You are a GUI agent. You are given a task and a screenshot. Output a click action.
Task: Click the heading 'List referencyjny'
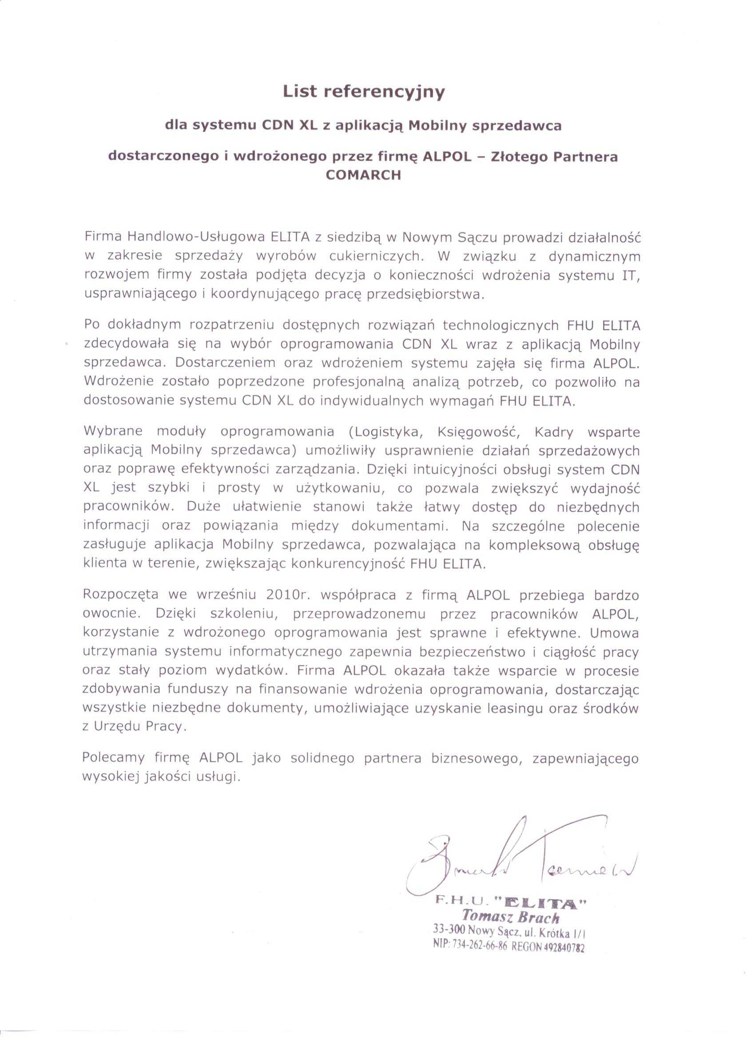pyautogui.click(x=364, y=92)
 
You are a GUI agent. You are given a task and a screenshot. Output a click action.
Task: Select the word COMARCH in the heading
pyautogui.click(x=363, y=175)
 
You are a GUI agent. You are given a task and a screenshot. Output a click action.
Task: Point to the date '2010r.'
pyautogui.click(x=286, y=595)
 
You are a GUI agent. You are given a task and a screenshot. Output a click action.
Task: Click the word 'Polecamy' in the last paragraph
pyautogui.click(x=113, y=758)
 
